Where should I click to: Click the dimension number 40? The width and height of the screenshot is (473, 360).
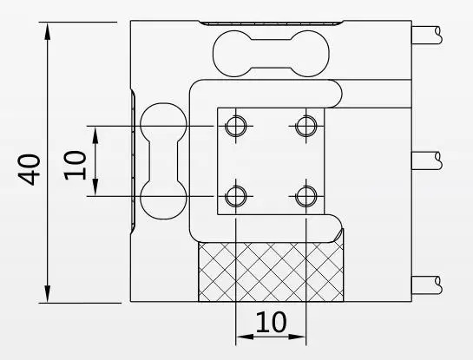point(30,170)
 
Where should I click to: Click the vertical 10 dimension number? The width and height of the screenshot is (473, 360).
point(76,166)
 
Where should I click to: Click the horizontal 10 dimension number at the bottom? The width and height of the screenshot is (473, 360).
point(271,322)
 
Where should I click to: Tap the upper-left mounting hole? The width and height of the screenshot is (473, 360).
point(236,126)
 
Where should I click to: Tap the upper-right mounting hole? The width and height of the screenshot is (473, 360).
point(306,126)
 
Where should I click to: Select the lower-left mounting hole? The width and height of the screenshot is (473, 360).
point(236,196)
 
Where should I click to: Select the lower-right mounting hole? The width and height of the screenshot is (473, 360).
point(306,196)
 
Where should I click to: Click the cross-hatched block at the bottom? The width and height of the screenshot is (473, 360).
point(271,272)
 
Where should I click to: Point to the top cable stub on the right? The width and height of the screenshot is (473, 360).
point(427,36)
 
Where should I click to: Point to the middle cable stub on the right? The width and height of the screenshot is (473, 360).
point(427,160)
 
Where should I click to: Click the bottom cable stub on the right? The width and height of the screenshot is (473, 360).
point(427,285)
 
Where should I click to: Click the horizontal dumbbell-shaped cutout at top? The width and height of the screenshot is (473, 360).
point(271,54)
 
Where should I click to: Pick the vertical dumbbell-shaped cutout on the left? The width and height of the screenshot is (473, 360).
point(163,161)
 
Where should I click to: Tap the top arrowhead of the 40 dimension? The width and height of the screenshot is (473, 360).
point(48,31)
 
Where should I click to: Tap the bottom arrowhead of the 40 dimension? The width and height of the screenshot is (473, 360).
point(48,294)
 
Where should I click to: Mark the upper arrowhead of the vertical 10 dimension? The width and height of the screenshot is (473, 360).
point(95,134)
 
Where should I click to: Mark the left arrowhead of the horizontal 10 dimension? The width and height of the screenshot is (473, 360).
point(245,337)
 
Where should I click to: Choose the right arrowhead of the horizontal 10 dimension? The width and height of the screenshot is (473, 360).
point(298,337)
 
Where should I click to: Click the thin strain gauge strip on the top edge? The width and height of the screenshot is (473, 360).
point(271,23)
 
